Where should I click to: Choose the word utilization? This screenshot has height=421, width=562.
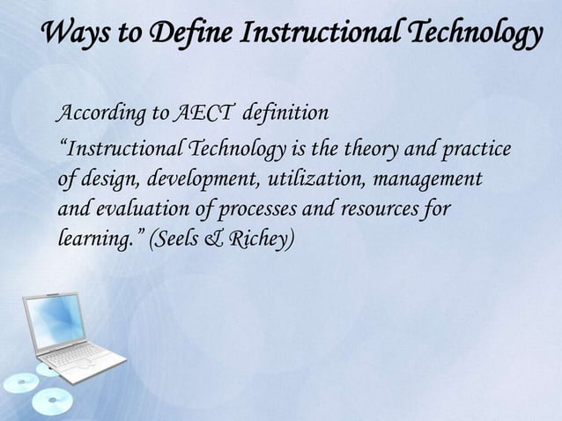point(316,179)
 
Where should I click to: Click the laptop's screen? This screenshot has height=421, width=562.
point(55,319)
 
